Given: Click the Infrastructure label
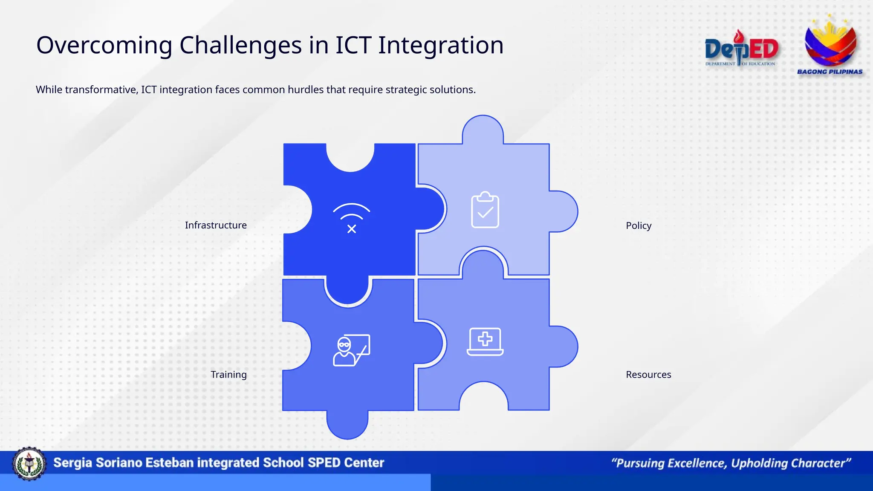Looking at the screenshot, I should click(x=216, y=225).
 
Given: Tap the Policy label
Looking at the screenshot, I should click(x=638, y=225).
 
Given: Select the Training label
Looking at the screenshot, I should click(x=228, y=375).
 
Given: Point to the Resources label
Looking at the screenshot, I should click(x=648, y=375).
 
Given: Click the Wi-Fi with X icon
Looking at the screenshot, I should click(x=351, y=218).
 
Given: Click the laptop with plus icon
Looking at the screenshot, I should click(x=485, y=341).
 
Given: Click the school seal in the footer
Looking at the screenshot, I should click(x=29, y=464).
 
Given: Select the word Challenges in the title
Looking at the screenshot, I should click(x=240, y=45).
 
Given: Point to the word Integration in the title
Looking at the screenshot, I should click(x=441, y=45).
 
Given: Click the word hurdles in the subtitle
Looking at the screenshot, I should click(x=306, y=90).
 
